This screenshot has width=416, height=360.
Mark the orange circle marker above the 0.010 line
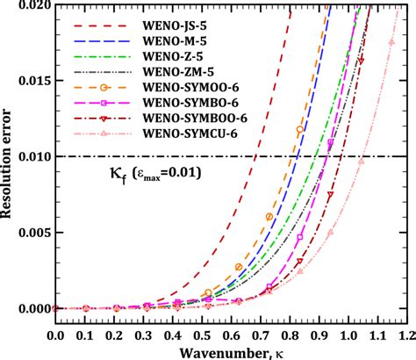pyautogui.click(x=301, y=129)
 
